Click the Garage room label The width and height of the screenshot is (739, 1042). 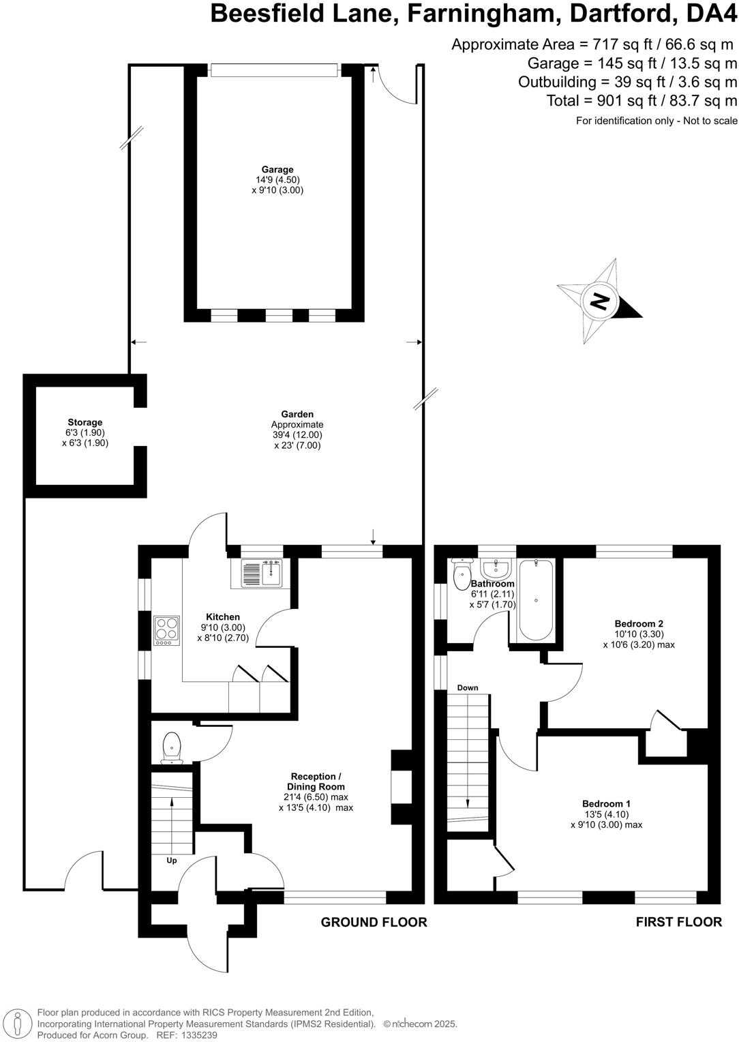(277, 170)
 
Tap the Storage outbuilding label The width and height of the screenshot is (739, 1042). (85, 422)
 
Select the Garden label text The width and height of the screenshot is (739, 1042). (297, 414)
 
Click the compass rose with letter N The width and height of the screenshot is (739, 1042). (599, 301)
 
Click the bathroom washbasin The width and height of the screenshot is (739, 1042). (496, 567)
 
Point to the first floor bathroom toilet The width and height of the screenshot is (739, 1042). (462, 574)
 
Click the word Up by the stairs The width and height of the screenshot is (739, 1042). (172, 861)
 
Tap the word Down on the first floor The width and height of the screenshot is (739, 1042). (468, 687)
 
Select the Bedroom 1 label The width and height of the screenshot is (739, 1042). (606, 803)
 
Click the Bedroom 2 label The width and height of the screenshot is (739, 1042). (639, 623)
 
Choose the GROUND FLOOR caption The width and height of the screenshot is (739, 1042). (374, 922)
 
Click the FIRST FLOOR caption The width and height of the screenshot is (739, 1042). (678, 922)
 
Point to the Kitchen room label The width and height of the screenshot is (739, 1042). (223, 617)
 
